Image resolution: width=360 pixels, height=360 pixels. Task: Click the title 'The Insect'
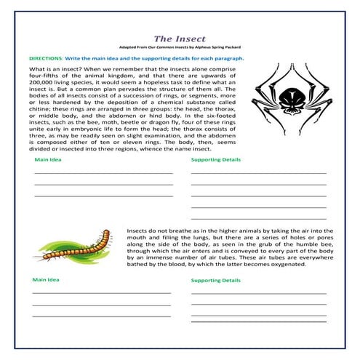point(180,38)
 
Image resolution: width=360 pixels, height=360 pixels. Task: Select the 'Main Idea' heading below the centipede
point(44,279)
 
